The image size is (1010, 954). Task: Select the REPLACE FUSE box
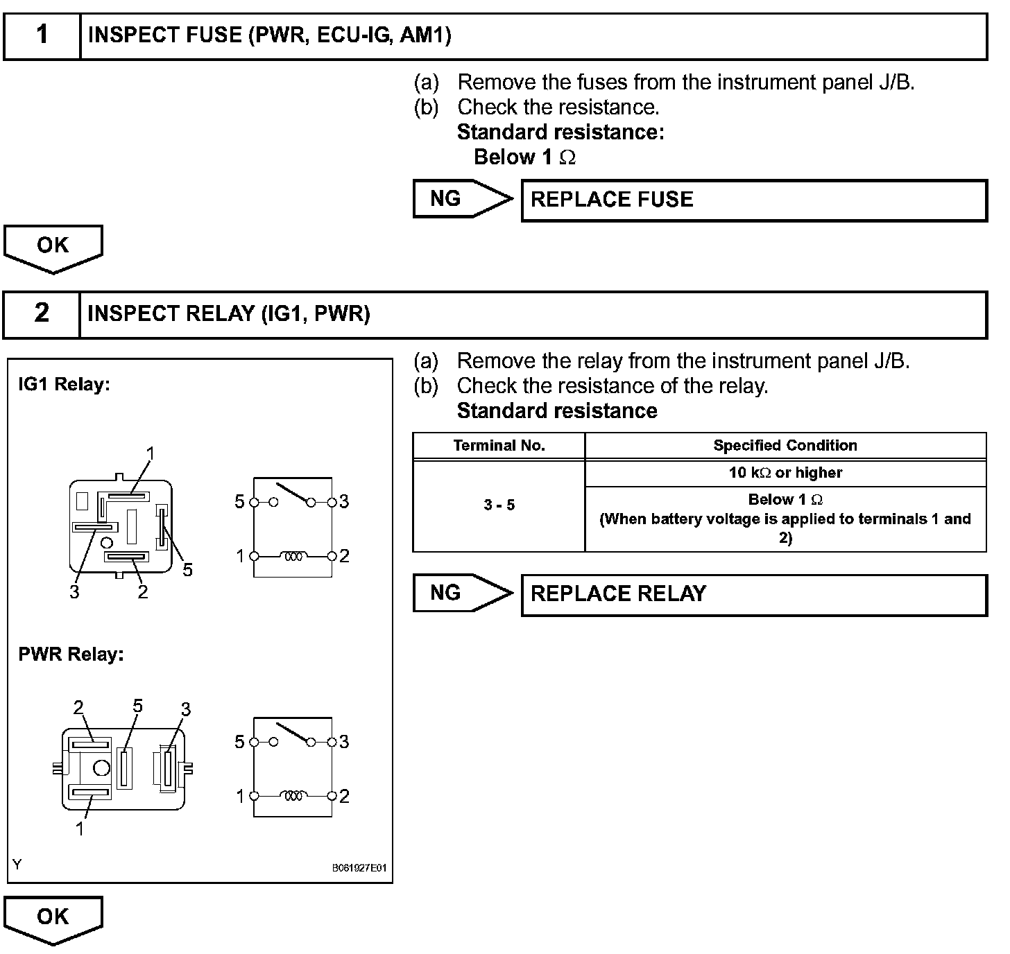[753, 200]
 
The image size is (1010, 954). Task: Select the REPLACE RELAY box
[753, 594]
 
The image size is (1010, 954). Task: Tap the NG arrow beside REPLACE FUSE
[461, 199]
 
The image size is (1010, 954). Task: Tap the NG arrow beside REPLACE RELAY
[461, 593]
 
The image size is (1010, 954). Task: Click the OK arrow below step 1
[53, 248]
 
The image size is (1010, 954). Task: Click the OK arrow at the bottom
[53, 919]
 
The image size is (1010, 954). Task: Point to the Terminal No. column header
[499, 446]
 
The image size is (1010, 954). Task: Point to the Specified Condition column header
[785, 446]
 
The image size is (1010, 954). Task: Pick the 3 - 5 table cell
[499, 505]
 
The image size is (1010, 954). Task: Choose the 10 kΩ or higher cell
[785, 473]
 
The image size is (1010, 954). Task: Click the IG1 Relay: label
[65, 384]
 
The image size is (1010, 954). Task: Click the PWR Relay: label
[71, 654]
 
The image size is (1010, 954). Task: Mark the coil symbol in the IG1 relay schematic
[293, 556]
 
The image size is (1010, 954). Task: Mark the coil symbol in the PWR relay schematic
[293, 796]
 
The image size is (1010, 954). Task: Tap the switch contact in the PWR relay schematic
[292, 735]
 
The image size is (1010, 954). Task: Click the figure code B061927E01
[359, 868]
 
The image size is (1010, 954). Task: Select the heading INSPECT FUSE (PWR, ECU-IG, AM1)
[270, 35]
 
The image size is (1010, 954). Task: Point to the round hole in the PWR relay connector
[101, 767]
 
